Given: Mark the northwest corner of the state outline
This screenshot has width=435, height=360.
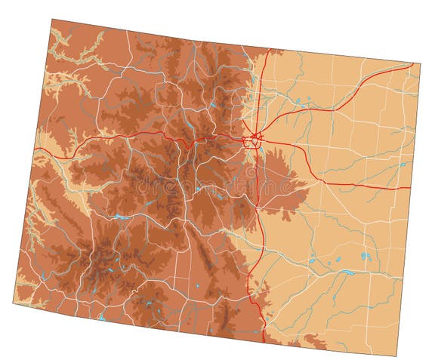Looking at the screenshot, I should coord(52,20).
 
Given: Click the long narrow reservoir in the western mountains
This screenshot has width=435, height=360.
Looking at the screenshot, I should coord(121,218).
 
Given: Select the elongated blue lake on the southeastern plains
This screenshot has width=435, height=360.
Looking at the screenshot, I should coord(348,272).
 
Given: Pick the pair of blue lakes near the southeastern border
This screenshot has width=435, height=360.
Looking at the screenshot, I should coord(366,256).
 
